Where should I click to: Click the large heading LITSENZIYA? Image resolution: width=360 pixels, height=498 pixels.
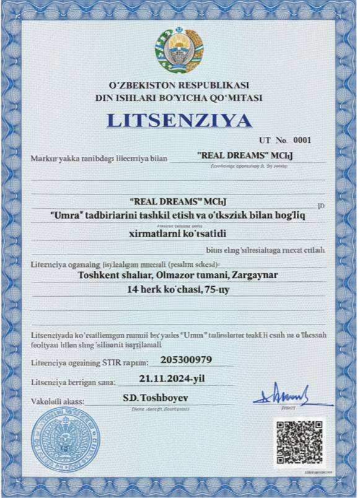coord(179,120)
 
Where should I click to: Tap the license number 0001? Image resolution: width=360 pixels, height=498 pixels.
coord(301,140)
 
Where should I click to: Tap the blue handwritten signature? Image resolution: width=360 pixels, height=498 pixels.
coord(284,395)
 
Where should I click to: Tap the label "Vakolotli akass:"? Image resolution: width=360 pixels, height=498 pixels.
coord(57,402)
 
